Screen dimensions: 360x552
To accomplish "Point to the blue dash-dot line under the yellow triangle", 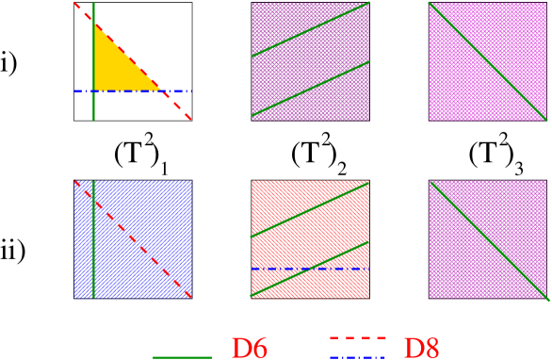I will coord(179,91).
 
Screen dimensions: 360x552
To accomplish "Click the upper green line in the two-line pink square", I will coord(310,29).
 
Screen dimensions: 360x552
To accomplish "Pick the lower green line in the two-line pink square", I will coord(310,90).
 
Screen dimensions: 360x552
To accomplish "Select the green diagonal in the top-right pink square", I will coord(487,61).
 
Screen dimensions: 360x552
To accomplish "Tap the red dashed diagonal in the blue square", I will coord(141,247).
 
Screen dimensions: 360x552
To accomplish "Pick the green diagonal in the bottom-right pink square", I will coord(487,239).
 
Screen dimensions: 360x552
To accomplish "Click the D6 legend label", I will coord(250,349).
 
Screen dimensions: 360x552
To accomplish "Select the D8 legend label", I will coord(421,349).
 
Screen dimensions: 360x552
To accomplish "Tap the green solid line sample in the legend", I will coord(182,357).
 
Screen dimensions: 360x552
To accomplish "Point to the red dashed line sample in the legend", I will coord(358,337).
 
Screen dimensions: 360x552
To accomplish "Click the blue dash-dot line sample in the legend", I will coord(358,357).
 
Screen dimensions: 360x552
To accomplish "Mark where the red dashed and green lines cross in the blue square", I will coord(93,199).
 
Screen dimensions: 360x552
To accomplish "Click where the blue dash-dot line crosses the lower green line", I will coord(310,269).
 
